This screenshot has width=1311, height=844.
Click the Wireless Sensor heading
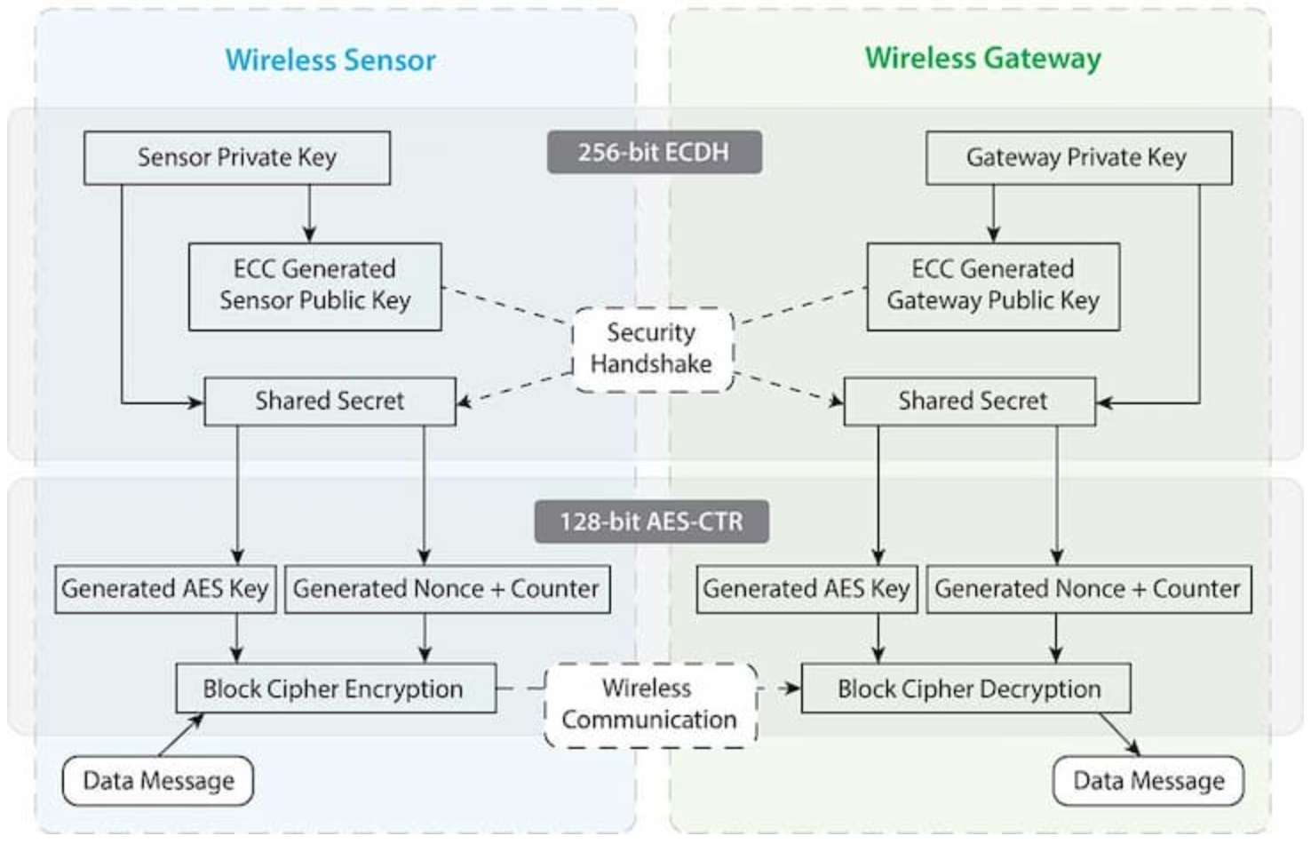coord(330,60)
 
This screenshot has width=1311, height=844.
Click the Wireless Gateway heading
coord(982,59)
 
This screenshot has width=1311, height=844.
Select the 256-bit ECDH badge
coord(654,152)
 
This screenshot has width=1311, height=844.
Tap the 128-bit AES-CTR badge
coord(651,522)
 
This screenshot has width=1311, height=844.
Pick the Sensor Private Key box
coord(236,158)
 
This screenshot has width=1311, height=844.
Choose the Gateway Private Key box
coord(1077,158)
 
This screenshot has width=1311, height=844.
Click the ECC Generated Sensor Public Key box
coord(314,286)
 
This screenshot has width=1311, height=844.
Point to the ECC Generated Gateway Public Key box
coord(992,286)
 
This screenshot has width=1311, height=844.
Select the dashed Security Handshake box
coord(652,349)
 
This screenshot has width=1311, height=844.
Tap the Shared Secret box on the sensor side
coord(330,402)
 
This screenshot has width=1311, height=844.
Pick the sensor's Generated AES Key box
coord(165,589)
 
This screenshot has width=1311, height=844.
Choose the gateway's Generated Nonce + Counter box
coord(1088,589)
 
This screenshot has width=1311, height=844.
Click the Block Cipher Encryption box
coord(335,689)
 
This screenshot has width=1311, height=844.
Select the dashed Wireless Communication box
coord(649,705)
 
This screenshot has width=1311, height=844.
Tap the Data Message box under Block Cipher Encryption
coord(158,781)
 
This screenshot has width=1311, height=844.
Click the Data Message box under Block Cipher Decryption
coord(1148,781)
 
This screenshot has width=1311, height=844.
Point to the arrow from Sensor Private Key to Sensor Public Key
coord(309,213)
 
